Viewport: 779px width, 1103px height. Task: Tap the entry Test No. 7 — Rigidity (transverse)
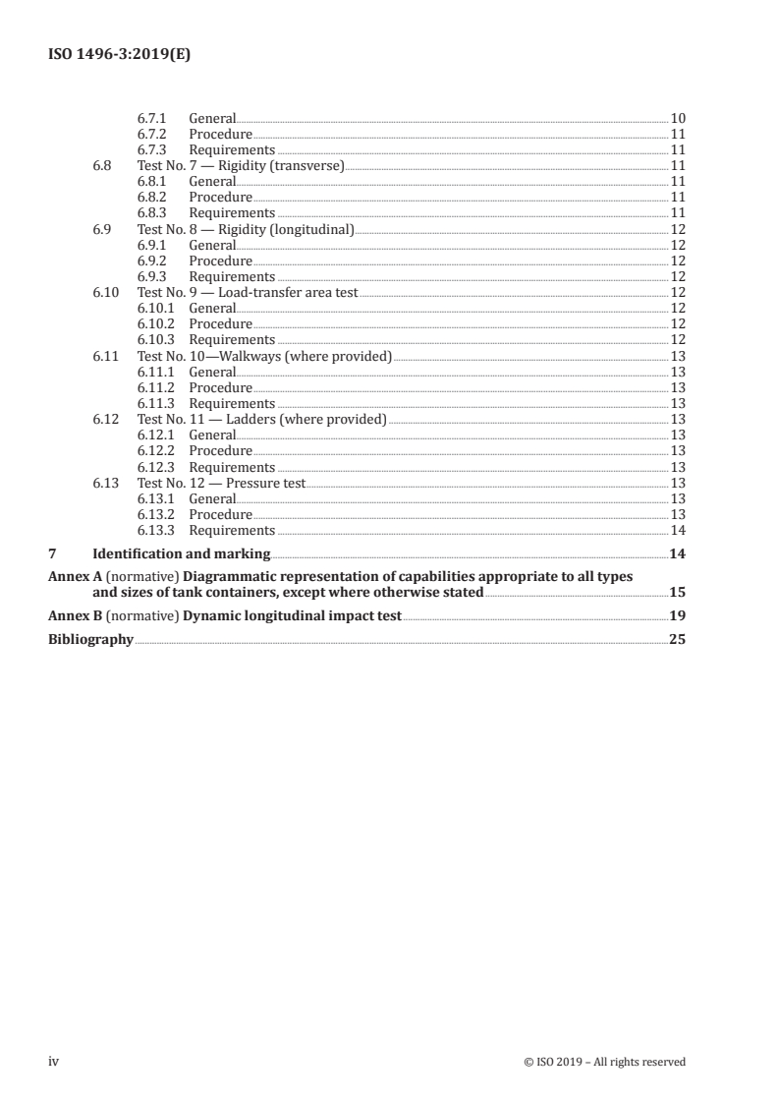[241, 165]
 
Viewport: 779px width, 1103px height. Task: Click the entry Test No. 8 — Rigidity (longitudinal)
[245, 229]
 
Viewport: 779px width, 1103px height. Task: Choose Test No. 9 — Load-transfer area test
[248, 293]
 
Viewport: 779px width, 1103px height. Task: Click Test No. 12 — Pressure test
[221, 484]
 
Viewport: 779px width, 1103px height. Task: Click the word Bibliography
[90, 639]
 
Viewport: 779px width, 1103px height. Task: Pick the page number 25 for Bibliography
[677, 639]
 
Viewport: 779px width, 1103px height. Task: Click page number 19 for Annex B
[677, 616]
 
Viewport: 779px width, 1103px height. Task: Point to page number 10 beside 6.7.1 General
[677, 118]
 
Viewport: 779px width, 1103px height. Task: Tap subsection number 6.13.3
[156, 531]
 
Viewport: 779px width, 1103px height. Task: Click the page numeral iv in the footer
[54, 1061]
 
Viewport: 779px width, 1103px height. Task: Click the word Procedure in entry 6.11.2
[220, 388]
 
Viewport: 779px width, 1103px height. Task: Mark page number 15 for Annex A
[677, 593]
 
